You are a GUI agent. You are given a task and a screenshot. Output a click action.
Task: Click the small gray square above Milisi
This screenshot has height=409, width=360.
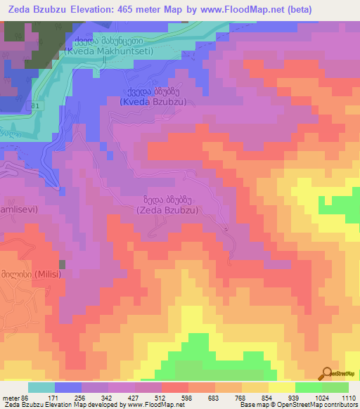pos(62,264)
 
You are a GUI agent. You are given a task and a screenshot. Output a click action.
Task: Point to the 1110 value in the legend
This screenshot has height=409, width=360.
pos(347,398)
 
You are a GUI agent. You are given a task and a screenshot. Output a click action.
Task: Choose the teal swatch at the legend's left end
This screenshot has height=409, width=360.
pos(41,387)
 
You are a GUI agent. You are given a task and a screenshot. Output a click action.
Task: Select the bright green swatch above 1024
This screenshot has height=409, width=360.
pos(308,387)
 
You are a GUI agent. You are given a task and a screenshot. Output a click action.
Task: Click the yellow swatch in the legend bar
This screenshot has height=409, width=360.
pos(281,387)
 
